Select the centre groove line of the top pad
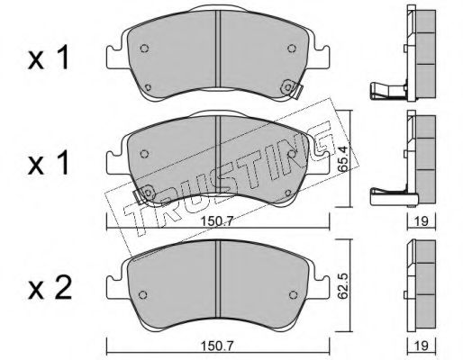218,54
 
